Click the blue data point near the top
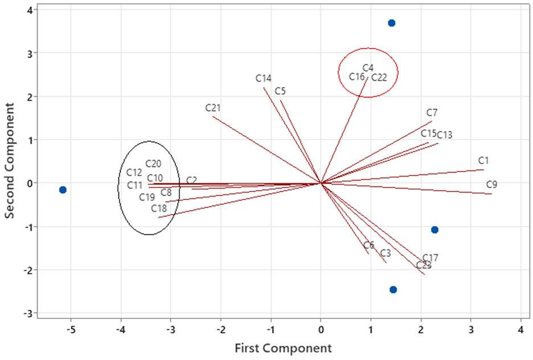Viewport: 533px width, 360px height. [391, 23]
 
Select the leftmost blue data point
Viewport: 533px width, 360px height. [63, 190]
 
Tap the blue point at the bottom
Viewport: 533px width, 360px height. [393, 289]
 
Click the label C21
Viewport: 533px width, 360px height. [213, 108]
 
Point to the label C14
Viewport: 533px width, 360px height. [263, 78]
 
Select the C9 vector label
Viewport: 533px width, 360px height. [492, 185]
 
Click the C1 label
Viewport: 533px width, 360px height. [483, 161]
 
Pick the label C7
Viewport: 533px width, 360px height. [432, 113]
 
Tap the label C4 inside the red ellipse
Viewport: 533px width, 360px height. [368, 68]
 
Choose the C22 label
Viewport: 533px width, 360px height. [379, 77]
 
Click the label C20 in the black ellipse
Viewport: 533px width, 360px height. [153, 163]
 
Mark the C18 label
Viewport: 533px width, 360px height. [159, 208]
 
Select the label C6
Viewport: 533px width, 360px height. [369, 245]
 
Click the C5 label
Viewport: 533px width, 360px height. [280, 91]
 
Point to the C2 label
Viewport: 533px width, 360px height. [191, 181]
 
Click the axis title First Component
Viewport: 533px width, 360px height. [282, 347]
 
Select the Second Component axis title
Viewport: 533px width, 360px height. [10, 161]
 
